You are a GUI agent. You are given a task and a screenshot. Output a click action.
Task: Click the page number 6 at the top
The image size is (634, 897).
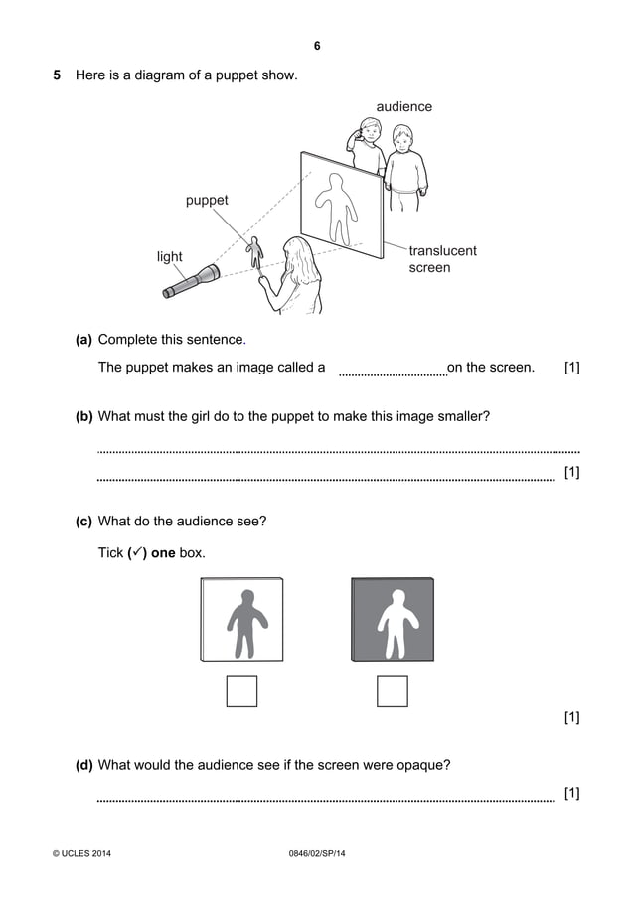click(x=317, y=46)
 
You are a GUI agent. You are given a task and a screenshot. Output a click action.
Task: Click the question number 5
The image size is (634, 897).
click(x=57, y=75)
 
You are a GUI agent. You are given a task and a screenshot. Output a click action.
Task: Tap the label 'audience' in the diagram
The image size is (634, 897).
click(x=403, y=106)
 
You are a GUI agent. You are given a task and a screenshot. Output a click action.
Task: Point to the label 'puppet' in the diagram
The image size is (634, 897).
click(x=207, y=200)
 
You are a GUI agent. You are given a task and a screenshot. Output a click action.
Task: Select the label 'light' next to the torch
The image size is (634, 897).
click(x=170, y=257)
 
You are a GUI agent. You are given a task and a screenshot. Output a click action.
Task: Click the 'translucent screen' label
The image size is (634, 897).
click(x=442, y=259)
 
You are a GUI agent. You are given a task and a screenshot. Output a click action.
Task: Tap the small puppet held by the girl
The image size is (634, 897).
click(x=255, y=253)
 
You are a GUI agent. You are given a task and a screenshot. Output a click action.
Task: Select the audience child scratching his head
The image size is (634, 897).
click(x=368, y=144)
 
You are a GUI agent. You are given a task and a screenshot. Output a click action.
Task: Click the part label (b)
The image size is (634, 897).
click(x=83, y=416)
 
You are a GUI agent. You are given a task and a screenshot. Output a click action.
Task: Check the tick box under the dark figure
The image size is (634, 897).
click(x=241, y=691)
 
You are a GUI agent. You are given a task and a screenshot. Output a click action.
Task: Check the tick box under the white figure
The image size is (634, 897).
click(x=393, y=691)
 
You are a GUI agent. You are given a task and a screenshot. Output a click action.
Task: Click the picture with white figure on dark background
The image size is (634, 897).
click(x=393, y=620)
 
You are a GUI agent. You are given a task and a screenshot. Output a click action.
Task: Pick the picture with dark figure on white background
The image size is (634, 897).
click(x=241, y=620)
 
